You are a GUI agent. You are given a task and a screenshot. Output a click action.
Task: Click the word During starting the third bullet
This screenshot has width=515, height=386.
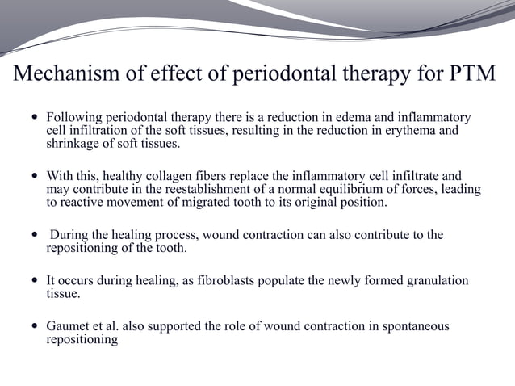pyautogui.click(x=70, y=235)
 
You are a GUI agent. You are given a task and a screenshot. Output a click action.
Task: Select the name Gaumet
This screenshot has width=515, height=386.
pyautogui.click(x=69, y=326)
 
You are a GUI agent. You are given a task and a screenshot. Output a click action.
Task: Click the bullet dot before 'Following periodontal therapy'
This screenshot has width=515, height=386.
pyautogui.click(x=33, y=119)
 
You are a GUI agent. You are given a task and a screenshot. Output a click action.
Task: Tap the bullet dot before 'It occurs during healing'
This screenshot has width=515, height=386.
pyautogui.click(x=33, y=281)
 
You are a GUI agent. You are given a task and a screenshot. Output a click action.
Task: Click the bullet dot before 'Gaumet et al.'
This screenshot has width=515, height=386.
pyautogui.click(x=33, y=327)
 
